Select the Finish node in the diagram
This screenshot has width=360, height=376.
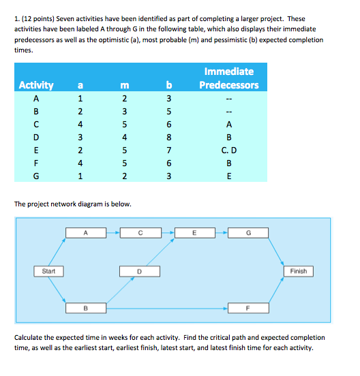(x=298, y=271)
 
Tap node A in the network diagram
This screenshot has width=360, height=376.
(x=85, y=232)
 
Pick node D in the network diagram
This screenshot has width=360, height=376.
(x=140, y=271)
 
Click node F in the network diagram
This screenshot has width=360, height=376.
(x=249, y=309)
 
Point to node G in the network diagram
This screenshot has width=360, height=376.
(x=249, y=232)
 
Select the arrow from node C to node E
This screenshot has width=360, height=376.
(x=166, y=232)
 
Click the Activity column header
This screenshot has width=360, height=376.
(x=36, y=85)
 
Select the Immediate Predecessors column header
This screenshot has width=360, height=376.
(x=228, y=78)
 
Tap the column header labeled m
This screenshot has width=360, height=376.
(x=123, y=85)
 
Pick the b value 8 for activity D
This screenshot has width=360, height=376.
(x=168, y=135)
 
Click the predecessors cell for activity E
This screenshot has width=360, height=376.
(x=228, y=148)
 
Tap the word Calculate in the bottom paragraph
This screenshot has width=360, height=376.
(x=31, y=338)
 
